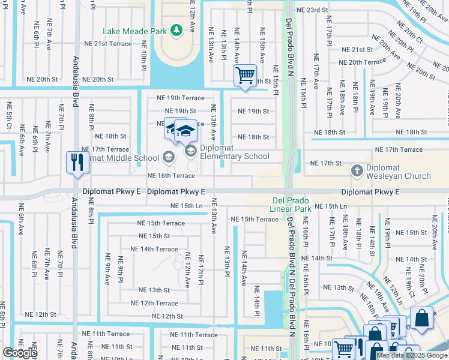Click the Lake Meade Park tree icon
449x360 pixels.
(176, 29)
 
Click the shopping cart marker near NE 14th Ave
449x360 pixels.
(245, 76)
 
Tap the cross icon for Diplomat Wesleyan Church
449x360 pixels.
(357, 171)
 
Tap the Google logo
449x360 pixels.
(20, 353)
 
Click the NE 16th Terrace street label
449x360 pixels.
(171, 176)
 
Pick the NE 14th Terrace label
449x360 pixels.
(154, 249)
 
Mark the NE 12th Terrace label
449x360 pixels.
(154, 304)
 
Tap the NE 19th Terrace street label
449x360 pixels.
(180, 98)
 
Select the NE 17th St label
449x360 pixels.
(325, 163)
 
